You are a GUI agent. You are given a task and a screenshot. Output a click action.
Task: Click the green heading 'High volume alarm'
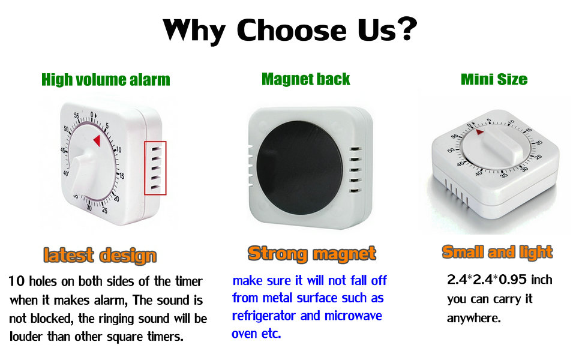[106, 80]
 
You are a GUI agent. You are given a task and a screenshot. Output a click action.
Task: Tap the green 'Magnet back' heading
[305, 79]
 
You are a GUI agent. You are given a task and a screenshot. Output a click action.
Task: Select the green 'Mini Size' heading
[494, 79]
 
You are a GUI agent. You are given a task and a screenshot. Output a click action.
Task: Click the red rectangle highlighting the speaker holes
[155, 168]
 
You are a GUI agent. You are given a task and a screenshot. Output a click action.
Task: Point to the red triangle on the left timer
[96, 140]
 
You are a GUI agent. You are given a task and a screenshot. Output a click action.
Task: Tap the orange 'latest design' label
[100, 255]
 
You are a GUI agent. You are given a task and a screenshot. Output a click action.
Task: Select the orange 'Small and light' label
[497, 252]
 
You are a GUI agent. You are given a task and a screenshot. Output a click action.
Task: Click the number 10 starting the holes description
[17, 281]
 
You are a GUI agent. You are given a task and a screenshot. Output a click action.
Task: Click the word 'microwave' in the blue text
[353, 316]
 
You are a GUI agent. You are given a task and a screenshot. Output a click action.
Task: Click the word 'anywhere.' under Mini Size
[473, 318]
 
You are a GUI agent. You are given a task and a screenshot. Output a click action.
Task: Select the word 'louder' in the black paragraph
[26, 336]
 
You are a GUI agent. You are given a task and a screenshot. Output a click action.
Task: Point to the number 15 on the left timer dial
[121, 176]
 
